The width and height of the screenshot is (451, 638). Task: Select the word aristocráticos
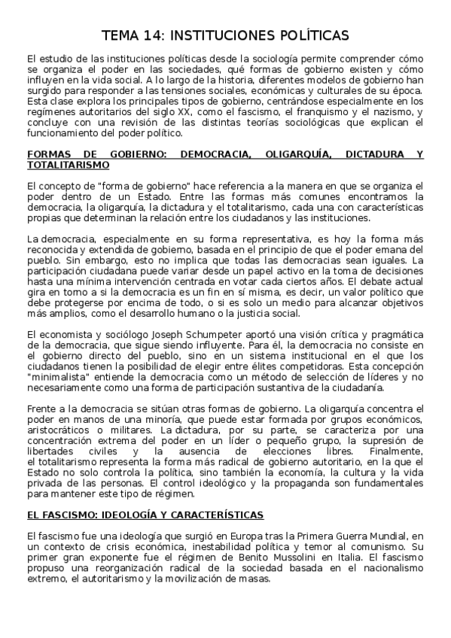(58, 427)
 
